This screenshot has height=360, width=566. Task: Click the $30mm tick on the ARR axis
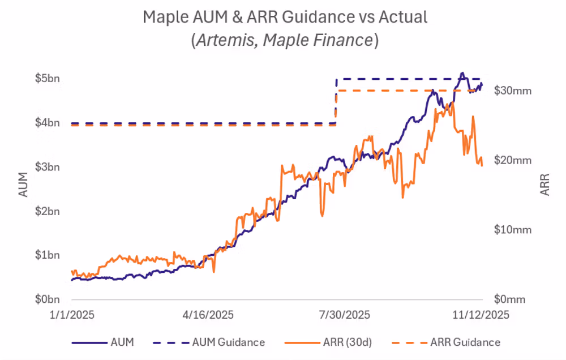pyautogui.click(x=513, y=90)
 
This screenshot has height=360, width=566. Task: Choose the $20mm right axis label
pyautogui.click(x=513, y=160)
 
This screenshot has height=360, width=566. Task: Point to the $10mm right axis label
pyautogui.click(x=513, y=229)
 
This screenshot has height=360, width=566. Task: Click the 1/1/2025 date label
pyautogui.click(x=72, y=315)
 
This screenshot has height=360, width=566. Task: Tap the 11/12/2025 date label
pyautogui.click(x=480, y=315)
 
